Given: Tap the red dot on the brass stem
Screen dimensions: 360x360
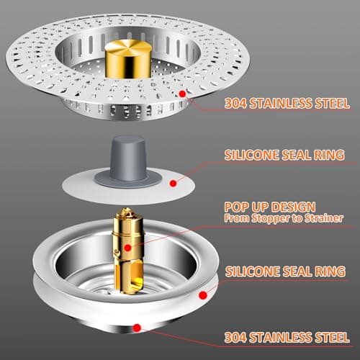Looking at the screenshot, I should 128,248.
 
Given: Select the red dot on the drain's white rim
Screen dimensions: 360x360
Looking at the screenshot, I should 204,294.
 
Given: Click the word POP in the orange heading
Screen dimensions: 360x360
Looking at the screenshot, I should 237,206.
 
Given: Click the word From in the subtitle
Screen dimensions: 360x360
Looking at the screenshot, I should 235,218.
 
